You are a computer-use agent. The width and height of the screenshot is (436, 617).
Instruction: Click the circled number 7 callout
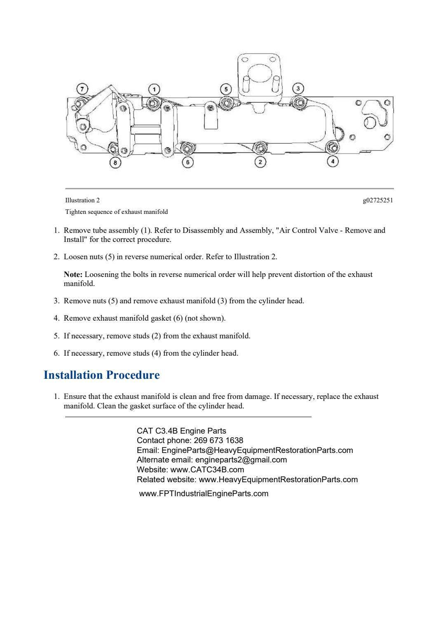pyautogui.click(x=82, y=89)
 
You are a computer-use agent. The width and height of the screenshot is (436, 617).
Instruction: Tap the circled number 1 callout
pyautogui.click(x=154, y=89)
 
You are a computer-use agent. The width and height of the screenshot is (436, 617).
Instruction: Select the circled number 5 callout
pyautogui.click(x=225, y=89)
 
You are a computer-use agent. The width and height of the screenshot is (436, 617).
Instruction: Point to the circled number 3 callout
pyautogui.click(x=298, y=89)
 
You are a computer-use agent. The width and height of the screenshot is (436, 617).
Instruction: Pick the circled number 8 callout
pyautogui.click(x=115, y=162)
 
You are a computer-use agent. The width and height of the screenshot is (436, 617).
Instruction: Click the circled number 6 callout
pyautogui.click(x=188, y=162)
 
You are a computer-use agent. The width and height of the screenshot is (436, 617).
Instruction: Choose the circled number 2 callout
pyautogui.click(x=260, y=162)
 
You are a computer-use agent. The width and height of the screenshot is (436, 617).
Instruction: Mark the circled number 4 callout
pyautogui.click(x=333, y=162)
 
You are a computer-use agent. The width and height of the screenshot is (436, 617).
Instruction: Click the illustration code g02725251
pyautogui.click(x=378, y=200)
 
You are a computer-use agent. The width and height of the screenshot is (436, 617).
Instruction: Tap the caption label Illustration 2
pyautogui.click(x=82, y=200)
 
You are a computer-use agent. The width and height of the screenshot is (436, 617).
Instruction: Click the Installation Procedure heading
pyautogui.click(x=101, y=375)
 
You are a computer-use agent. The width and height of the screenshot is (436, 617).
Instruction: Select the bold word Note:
pyautogui.click(x=73, y=274)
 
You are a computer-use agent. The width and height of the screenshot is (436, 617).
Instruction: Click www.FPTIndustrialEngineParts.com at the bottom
pyautogui.click(x=204, y=493)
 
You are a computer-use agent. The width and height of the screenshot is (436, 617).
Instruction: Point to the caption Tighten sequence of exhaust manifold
pyautogui.click(x=117, y=212)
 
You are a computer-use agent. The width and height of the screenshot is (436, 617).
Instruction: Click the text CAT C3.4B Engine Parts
pyautogui.click(x=181, y=431)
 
